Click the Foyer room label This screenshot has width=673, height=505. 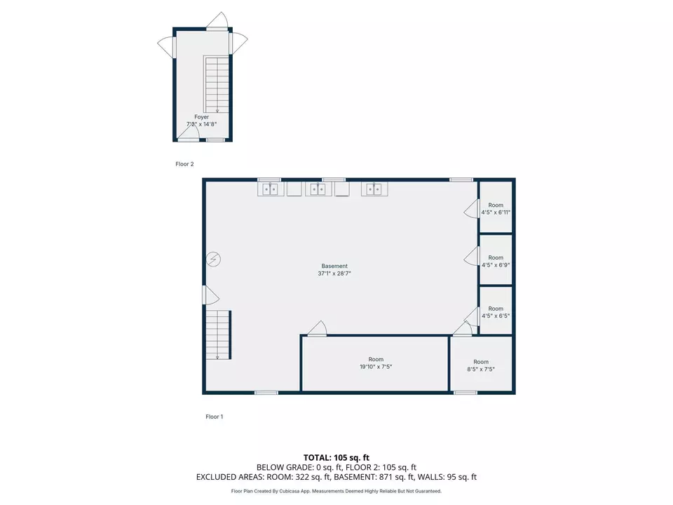pyautogui.click(x=202, y=121)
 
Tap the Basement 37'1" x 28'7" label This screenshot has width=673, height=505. pyautogui.click(x=334, y=270)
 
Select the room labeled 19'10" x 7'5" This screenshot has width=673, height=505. pyautogui.click(x=376, y=363)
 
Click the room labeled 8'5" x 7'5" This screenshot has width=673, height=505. pyautogui.click(x=481, y=365)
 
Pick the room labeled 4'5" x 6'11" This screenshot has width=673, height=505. pyautogui.click(x=496, y=208)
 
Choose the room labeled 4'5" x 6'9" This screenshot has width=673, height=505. pyautogui.click(x=496, y=261)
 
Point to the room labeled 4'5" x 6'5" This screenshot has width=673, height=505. pyautogui.click(x=496, y=312)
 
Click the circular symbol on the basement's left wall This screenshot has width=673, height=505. pyautogui.click(x=214, y=260)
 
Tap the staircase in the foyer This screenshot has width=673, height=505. pyautogui.click(x=217, y=84)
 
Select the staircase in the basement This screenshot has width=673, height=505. pyautogui.click(x=218, y=334)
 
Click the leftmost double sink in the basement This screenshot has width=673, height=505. pyautogui.click(x=270, y=189)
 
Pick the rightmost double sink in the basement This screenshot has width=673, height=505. pyautogui.click(x=372, y=189)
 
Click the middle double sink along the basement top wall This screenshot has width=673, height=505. pyautogui.click(x=318, y=189)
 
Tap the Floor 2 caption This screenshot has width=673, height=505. pyautogui.click(x=184, y=164)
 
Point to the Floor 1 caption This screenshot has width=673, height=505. pyautogui.click(x=215, y=417)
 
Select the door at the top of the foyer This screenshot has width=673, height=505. pyautogui.click(x=218, y=22)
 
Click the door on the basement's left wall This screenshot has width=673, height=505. pyautogui.click(x=210, y=295)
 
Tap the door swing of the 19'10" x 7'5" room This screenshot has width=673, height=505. pyautogui.click(x=318, y=328)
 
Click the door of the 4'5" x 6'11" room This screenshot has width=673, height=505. pyautogui.click(x=470, y=208)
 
